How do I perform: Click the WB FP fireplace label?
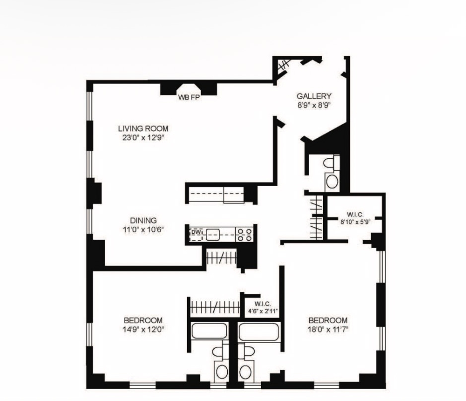coord(189,97)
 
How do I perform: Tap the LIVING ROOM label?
coord(143,129)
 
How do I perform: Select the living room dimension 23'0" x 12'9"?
coord(143,138)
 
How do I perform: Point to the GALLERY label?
coord(314,96)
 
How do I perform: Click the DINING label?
coord(143,220)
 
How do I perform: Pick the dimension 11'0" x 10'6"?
coord(143,229)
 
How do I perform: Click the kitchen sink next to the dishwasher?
coord(213,235)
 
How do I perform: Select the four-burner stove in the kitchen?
coord(245,234)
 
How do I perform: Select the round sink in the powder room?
coord(332,181)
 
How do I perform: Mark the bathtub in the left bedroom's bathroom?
coord(209,331)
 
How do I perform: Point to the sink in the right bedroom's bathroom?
coord(246,372)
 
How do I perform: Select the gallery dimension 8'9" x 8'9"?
coord(314,106)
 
